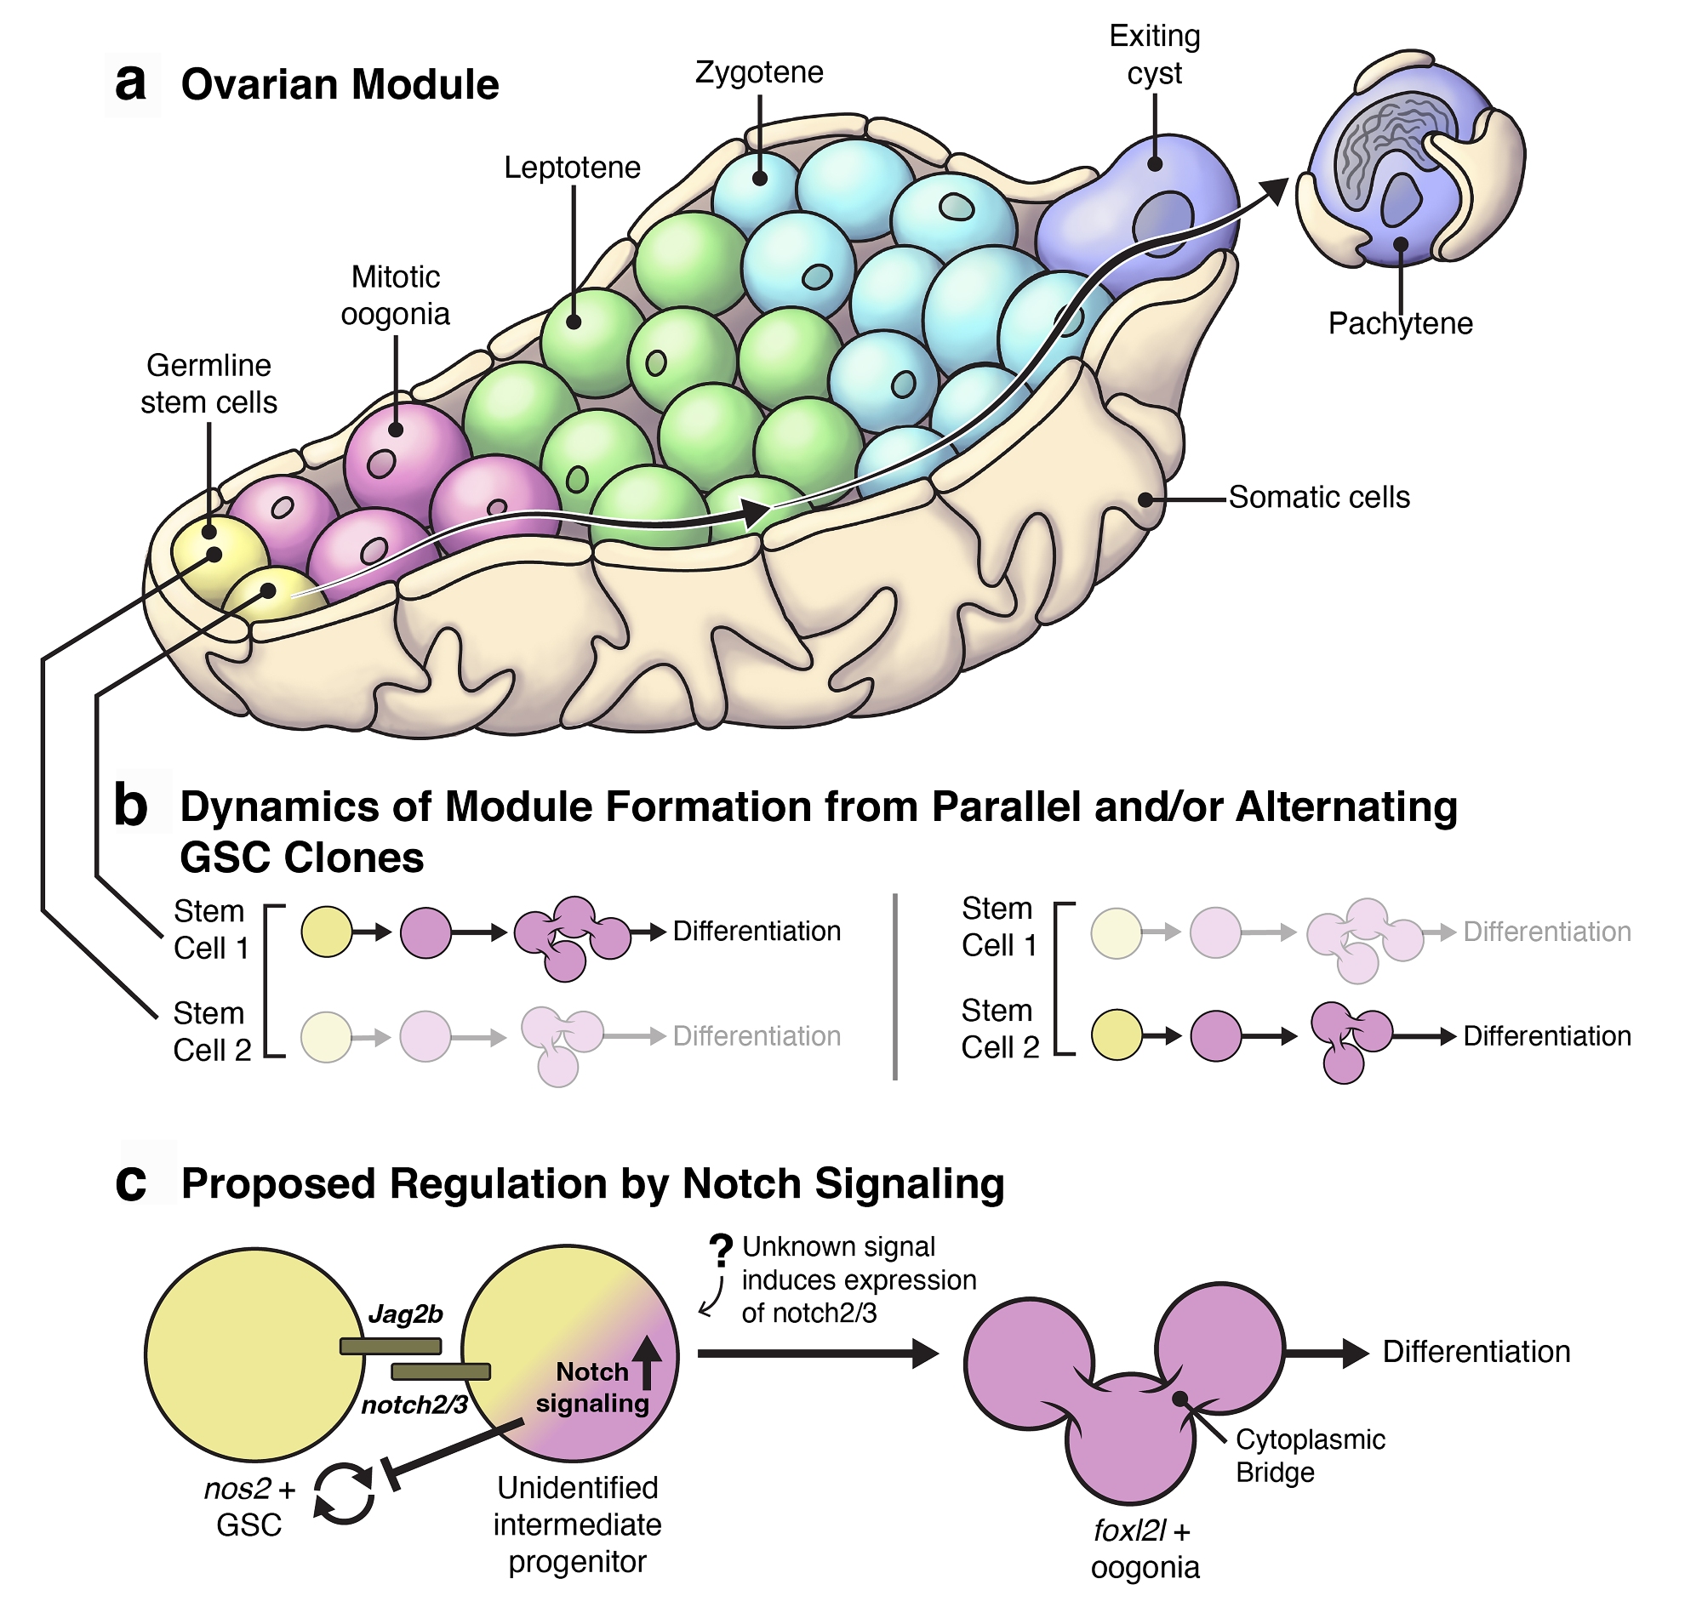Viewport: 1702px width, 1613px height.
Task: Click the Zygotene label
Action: click(x=758, y=72)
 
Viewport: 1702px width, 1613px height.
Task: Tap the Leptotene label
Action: click(x=572, y=168)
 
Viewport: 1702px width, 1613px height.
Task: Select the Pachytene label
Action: click(x=1399, y=323)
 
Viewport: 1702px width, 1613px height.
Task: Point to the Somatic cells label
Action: click(x=1318, y=497)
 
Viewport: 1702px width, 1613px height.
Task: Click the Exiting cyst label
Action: click(x=1154, y=54)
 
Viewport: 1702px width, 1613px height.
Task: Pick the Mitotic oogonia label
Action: click(x=396, y=296)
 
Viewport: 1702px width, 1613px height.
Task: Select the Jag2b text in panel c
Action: click(x=405, y=1314)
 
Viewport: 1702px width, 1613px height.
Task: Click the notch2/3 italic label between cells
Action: click(x=414, y=1405)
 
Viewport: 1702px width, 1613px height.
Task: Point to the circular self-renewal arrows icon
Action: click(x=343, y=1494)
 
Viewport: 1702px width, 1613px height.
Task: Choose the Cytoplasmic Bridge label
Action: click(x=1309, y=1456)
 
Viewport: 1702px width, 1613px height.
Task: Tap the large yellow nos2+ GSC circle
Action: click(x=254, y=1354)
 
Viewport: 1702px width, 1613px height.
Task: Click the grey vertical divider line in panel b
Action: click(x=895, y=986)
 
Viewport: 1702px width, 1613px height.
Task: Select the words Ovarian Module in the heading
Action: click(x=340, y=85)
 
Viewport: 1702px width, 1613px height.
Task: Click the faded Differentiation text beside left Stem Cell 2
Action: click(x=756, y=1036)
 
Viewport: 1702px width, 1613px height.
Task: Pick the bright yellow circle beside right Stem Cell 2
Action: click(x=1117, y=1035)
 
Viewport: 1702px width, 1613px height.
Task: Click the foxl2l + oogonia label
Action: click(x=1144, y=1548)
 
